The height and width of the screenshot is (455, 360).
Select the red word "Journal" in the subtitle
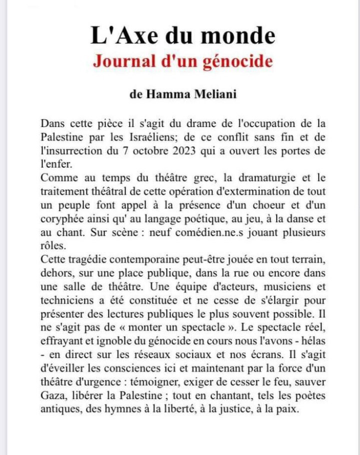point(124,61)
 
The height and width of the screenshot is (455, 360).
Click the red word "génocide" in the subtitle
point(239,61)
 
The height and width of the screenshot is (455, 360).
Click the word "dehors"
point(56,273)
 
